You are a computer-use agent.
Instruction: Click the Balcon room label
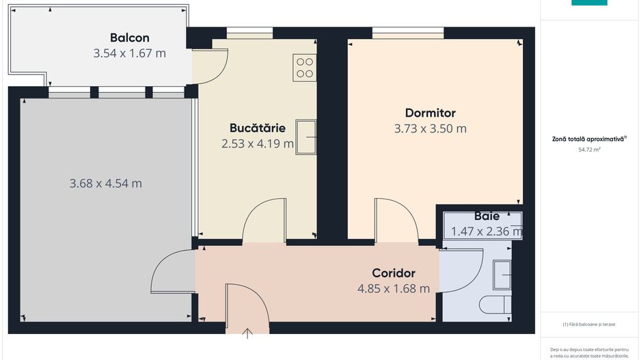(130, 38)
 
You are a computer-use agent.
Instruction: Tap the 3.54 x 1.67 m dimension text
(130, 53)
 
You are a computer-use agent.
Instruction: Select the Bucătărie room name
(257, 128)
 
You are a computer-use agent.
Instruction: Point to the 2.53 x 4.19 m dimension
(257, 143)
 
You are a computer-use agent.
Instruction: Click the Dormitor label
(430, 113)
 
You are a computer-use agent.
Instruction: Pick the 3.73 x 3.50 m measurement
(430, 128)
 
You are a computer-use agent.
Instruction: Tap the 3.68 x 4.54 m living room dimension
(106, 183)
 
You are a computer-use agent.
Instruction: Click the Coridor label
(394, 273)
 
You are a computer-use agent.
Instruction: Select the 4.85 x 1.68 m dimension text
(394, 288)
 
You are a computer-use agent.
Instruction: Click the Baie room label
(486, 217)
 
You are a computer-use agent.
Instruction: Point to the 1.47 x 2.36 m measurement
(486, 232)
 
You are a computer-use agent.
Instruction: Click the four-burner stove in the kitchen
(304, 67)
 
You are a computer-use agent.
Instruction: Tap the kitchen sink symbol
(305, 137)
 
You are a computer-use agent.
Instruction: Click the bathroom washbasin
(502, 275)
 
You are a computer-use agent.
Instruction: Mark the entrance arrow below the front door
(247, 333)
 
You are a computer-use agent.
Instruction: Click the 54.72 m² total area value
(589, 149)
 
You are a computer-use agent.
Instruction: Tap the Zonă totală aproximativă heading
(588, 139)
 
